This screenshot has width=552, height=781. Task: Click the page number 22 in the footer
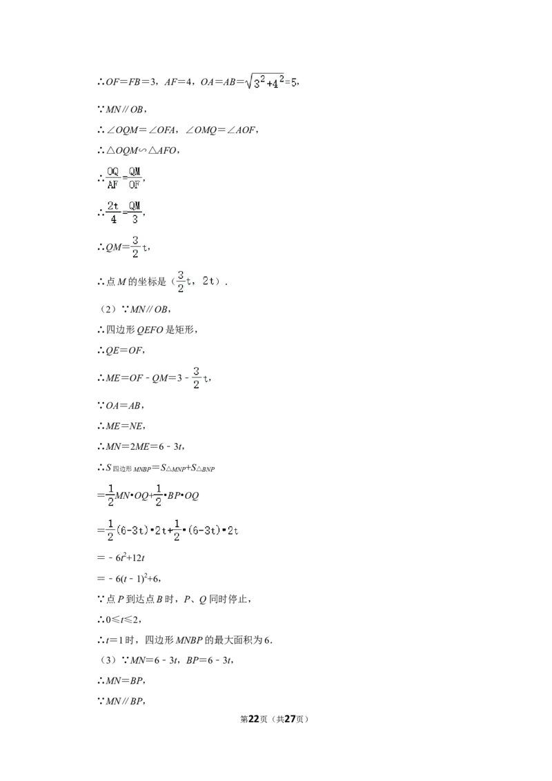tap(254, 719)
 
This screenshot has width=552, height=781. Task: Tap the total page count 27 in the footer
tap(290, 719)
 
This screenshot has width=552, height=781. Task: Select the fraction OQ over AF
tap(113, 178)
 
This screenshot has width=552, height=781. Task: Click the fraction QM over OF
tap(135, 178)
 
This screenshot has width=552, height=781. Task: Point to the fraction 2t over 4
tap(113, 212)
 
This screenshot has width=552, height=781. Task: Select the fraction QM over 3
tap(135, 212)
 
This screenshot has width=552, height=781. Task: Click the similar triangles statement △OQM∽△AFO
tap(141, 150)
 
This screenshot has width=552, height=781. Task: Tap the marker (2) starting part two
tap(108, 309)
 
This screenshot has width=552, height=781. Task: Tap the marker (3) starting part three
tap(108, 660)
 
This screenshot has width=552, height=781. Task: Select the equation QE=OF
tap(124, 350)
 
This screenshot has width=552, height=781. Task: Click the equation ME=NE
tap(125, 426)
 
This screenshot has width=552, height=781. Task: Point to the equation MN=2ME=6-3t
tap(144, 446)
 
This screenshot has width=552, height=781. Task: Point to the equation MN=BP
tap(125, 680)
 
